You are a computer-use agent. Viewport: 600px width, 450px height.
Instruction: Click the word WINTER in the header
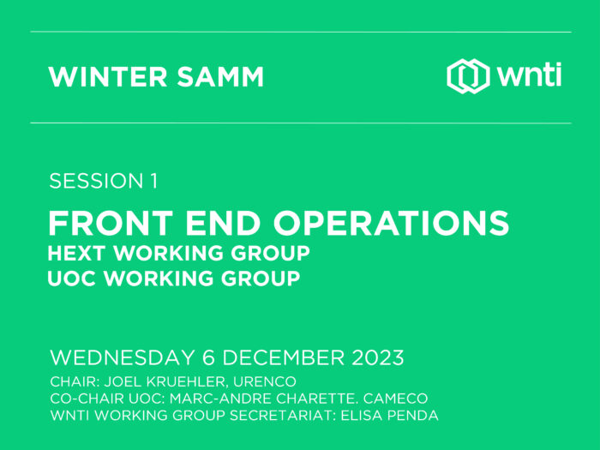[108, 77]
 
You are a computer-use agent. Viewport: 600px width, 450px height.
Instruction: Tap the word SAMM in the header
[220, 77]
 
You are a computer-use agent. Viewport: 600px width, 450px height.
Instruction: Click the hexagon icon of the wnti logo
[468, 76]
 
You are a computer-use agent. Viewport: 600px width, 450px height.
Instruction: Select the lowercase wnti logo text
[529, 75]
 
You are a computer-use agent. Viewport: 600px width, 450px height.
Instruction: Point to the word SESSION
[96, 181]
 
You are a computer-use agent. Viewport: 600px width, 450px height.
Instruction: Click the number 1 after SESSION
[153, 181]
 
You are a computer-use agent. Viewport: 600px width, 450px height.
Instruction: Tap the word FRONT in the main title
[111, 223]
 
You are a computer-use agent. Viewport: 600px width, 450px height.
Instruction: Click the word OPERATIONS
[391, 223]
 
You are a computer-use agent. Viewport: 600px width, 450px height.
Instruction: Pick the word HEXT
[76, 253]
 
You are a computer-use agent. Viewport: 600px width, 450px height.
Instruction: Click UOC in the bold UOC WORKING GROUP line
[71, 279]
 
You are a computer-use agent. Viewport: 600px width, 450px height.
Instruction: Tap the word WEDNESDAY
[123, 357]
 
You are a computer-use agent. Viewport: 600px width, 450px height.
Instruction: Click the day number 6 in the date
[208, 357]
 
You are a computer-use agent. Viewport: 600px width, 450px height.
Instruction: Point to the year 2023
[378, 357]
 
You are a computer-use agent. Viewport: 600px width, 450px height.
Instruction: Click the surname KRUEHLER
[186, 381]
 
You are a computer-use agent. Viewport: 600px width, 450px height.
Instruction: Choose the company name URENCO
[265, 381]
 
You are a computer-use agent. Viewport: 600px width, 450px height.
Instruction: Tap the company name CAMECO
[395, 399]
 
